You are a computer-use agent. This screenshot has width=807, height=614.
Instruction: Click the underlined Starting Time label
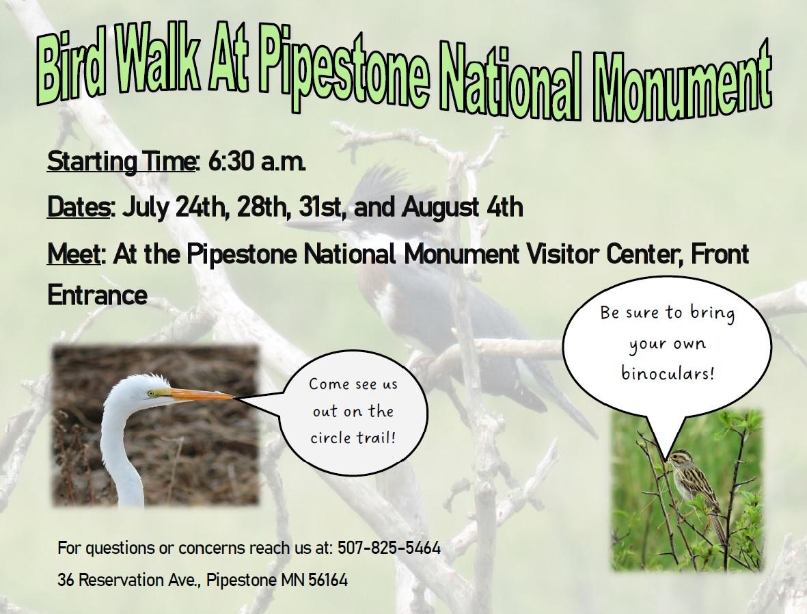tap(121, 162)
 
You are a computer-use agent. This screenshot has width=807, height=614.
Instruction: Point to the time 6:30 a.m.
tap(257, 161)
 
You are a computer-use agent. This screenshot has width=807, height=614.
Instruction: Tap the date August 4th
tap(462, 208)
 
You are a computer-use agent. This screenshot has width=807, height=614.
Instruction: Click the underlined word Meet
tap(73, 254)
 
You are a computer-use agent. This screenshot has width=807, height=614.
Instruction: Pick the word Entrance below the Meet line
tap(97, 295)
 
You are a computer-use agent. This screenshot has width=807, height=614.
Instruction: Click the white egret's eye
tap(151, 394)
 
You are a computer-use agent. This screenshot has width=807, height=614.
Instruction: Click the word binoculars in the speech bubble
tap(668, 373)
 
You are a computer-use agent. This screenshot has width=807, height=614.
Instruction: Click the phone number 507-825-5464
tap(389, 548)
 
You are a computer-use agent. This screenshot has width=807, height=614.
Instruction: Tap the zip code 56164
tap(328, 580)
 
